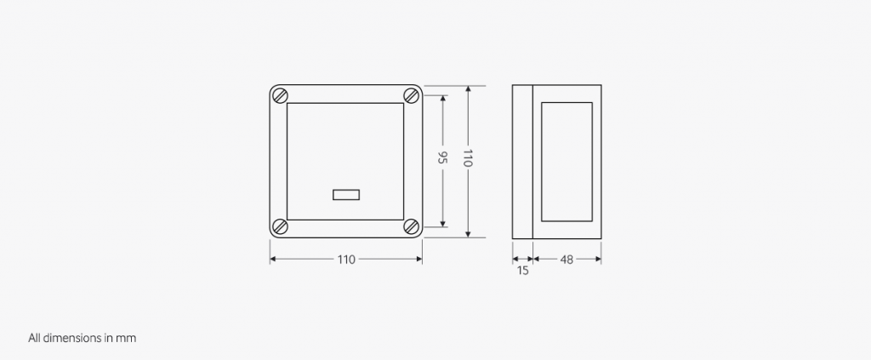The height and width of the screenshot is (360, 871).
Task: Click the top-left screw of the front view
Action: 282,95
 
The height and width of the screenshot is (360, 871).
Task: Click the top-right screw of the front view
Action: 411,95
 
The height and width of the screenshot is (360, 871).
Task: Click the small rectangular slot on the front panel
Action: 346,195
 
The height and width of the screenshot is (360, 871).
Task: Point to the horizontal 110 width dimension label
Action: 346,260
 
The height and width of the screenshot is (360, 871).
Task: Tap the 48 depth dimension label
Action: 566,260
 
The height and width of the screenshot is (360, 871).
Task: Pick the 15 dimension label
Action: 522,271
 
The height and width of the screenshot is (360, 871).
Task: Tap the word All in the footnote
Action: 35,338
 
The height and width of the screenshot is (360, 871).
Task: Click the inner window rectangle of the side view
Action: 566,162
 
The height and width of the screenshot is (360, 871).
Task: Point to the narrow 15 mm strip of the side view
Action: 522,162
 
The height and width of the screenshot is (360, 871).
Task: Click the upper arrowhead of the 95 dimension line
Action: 442,98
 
